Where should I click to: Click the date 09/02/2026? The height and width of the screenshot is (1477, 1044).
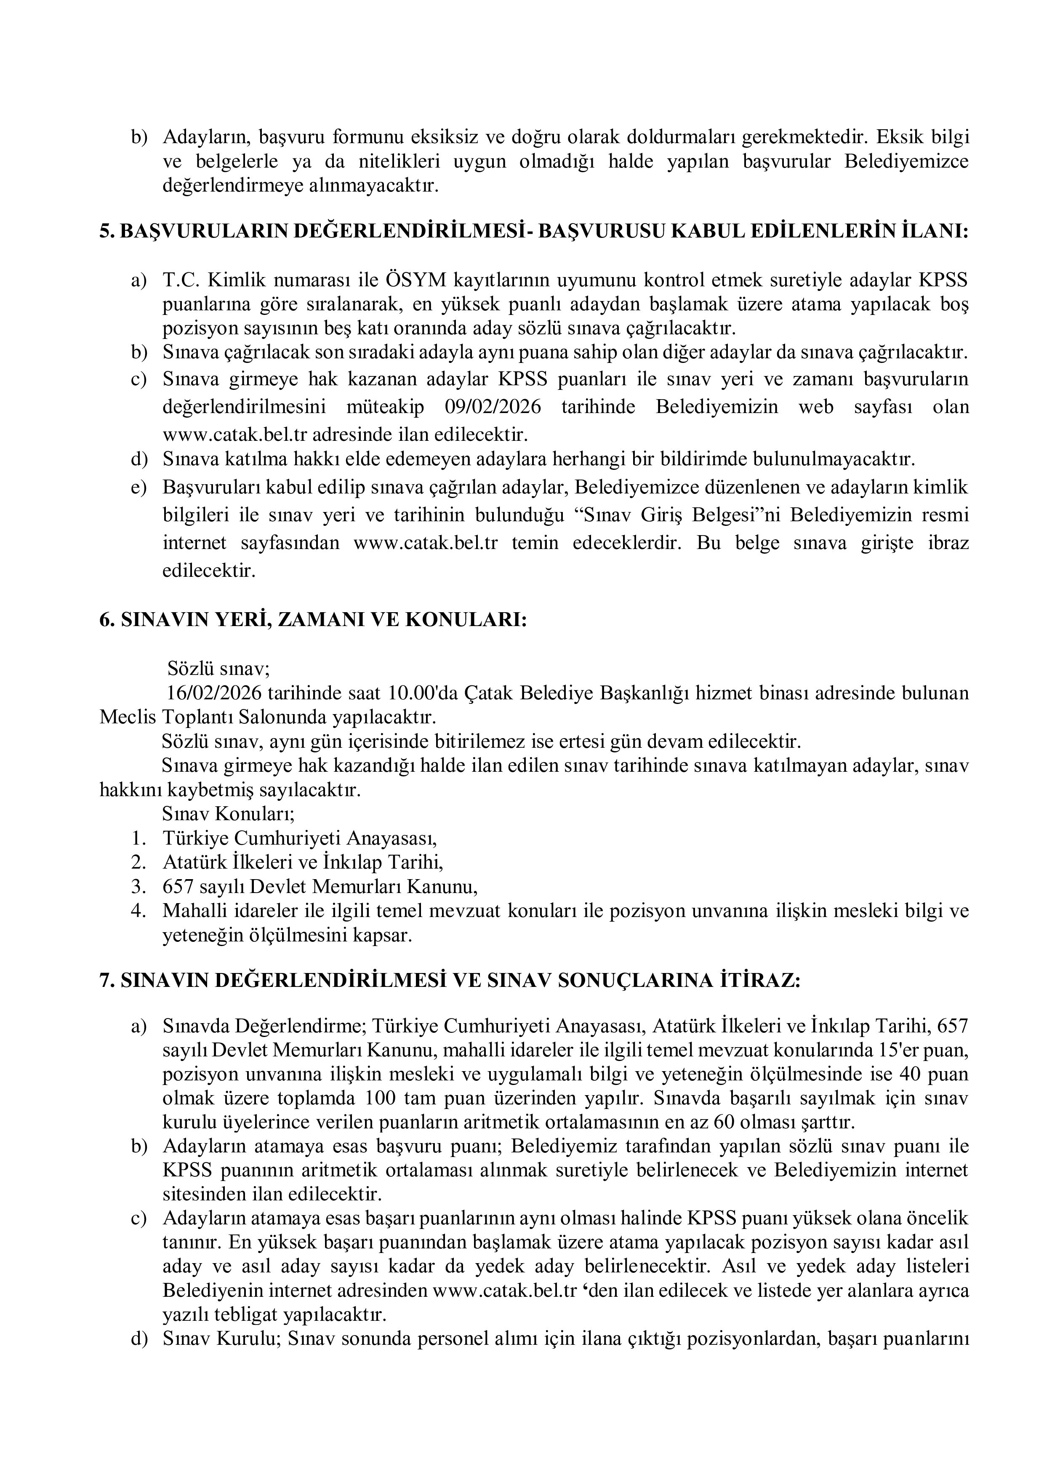[492, 407]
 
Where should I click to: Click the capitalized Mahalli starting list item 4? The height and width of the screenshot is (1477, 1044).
[191, 911]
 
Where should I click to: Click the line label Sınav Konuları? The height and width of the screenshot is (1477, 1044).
[228, 814]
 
